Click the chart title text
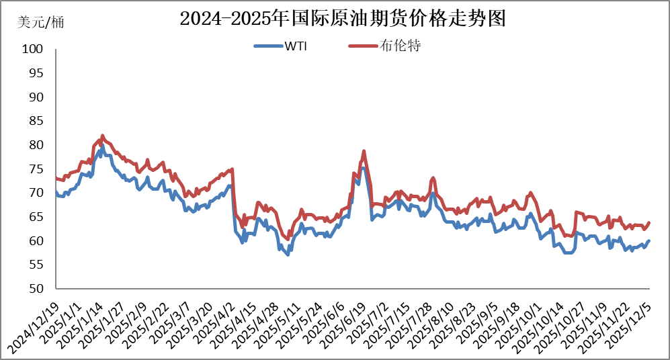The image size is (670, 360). coord(342,18)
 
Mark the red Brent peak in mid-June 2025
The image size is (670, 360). coord(364,151)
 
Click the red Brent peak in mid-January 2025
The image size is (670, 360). coord(102,135)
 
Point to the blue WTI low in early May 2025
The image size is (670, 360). coord(288,255)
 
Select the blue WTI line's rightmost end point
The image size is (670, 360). coord(649,240)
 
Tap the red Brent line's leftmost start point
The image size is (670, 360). coord(56,178)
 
